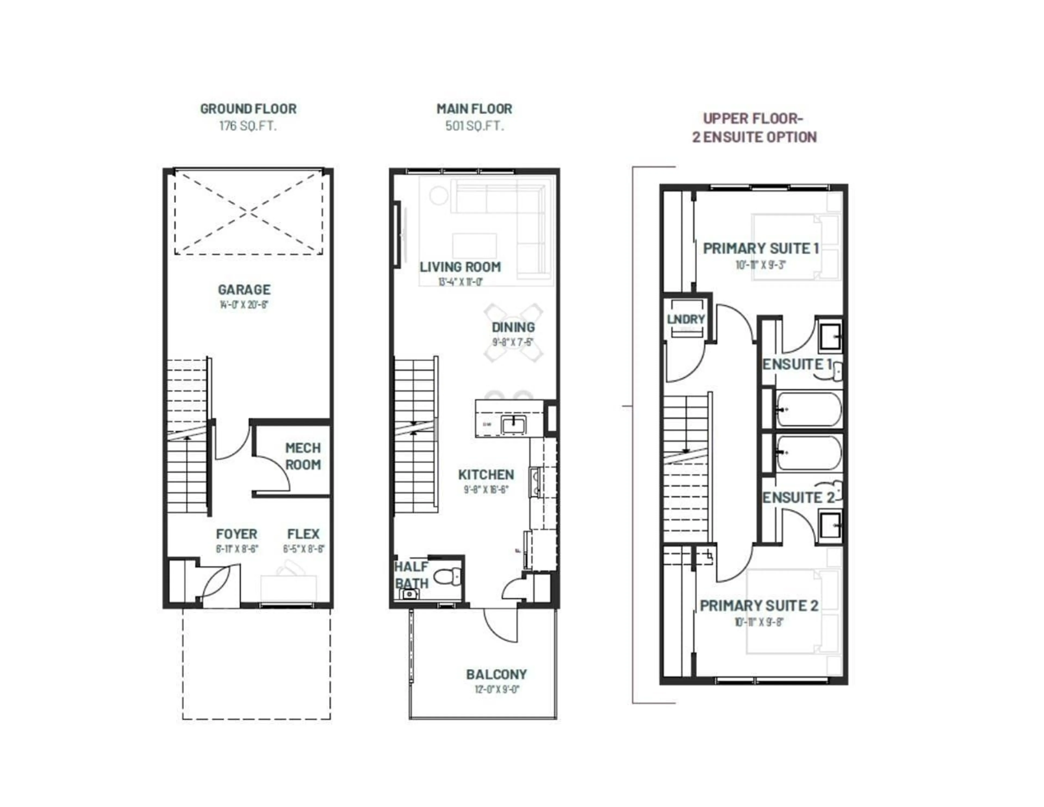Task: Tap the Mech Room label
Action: coord(303,456)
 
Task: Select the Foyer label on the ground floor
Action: coord(236,534)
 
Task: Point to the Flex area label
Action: coord(303,534)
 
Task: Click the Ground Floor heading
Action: coord(248,109)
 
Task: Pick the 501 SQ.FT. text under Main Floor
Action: coord(474,126)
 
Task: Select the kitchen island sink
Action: coord(513,424)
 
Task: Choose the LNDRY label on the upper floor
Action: coord(685,319)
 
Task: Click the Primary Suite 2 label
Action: coord(759,606)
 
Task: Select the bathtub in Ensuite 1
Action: coord(808,409)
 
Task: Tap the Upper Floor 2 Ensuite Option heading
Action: coord(754,128)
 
